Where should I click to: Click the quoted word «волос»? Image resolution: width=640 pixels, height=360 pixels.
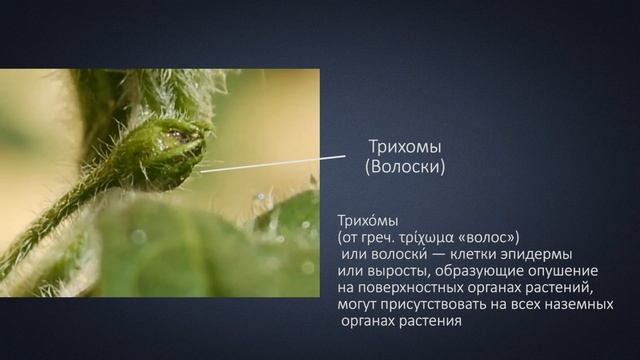point(486,237)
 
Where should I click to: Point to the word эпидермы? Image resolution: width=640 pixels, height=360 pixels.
point(541,254)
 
